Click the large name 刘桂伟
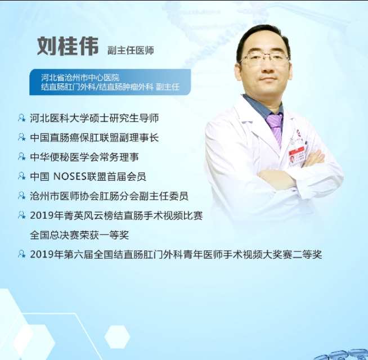pyautogui.click(x=68, y=47)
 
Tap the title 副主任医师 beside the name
pyautogui.click(x=131, y=51)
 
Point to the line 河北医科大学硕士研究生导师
pyautogui.click(x=94, y=118)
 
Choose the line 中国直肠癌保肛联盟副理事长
pyautogui.click(x=94, y=137)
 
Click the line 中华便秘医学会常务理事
pyautogui.click(x=84, y=157)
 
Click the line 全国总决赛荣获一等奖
pyautogui.click(x=79, y=235)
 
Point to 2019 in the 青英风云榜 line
pyautogui.click(x=41, y=215)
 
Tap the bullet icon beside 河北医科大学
pyautogui.click(x=21, y=118)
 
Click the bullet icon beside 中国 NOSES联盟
pyautogui.click(x=21, y=176)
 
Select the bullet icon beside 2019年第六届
pyautogui.click(x=21, y=254)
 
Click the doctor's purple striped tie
pyautogui.click(x=275, y=127)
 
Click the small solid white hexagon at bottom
pyautogui.click(x=117, y=336)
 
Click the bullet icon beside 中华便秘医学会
pyautogui.click(x=21, y=157)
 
